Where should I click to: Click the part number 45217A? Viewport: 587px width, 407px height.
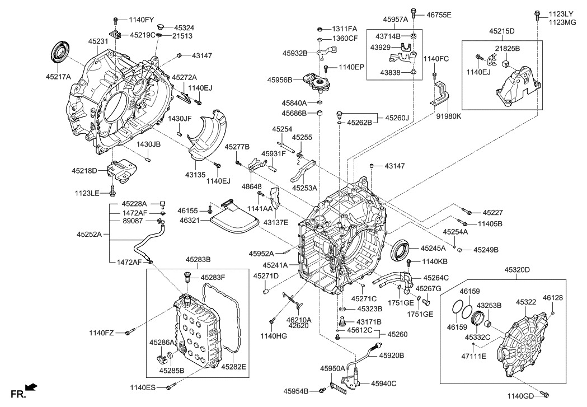[x=59, y=77]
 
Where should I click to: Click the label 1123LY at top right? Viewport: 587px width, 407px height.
[x=561, y=13]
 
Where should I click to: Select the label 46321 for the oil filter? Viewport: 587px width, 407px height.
[x=189, y=222]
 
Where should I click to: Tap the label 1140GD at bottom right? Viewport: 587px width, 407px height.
[x=521, y=396]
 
